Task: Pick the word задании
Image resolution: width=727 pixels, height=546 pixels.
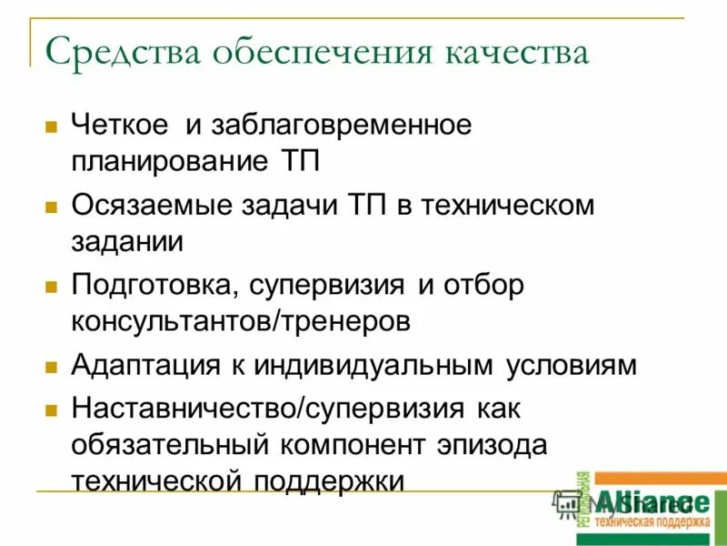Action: click(127, 241)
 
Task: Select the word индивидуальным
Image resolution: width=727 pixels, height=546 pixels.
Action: click(373, 366)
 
